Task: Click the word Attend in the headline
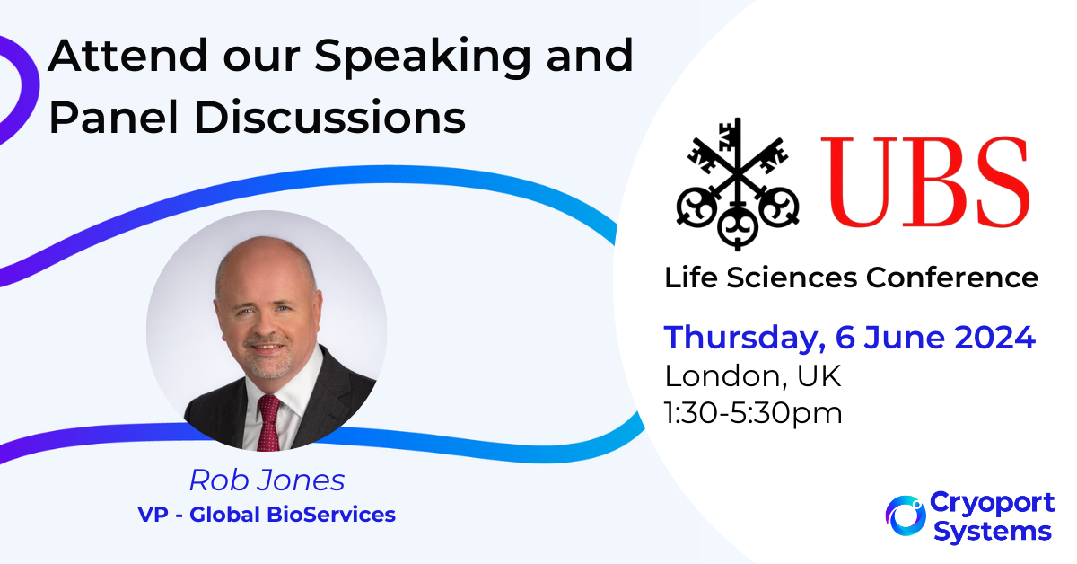coord(127,56)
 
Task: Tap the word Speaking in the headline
coord(423,57)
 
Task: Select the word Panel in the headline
coord(114,117)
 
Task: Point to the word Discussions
coord(330,117)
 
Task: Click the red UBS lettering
coord(925,181)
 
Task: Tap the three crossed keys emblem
coord(738,184)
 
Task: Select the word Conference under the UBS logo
coord(952,278)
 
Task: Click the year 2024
coord(994,338)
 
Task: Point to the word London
coord(726,376)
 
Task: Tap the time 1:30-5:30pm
coord(753,413)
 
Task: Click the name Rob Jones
coord(267,480)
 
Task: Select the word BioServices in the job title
coord(331,515)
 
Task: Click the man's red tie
coord(268,421)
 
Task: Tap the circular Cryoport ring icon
coord(906,516)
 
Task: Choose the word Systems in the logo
coord(993,533)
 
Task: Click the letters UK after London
coord(819,375)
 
